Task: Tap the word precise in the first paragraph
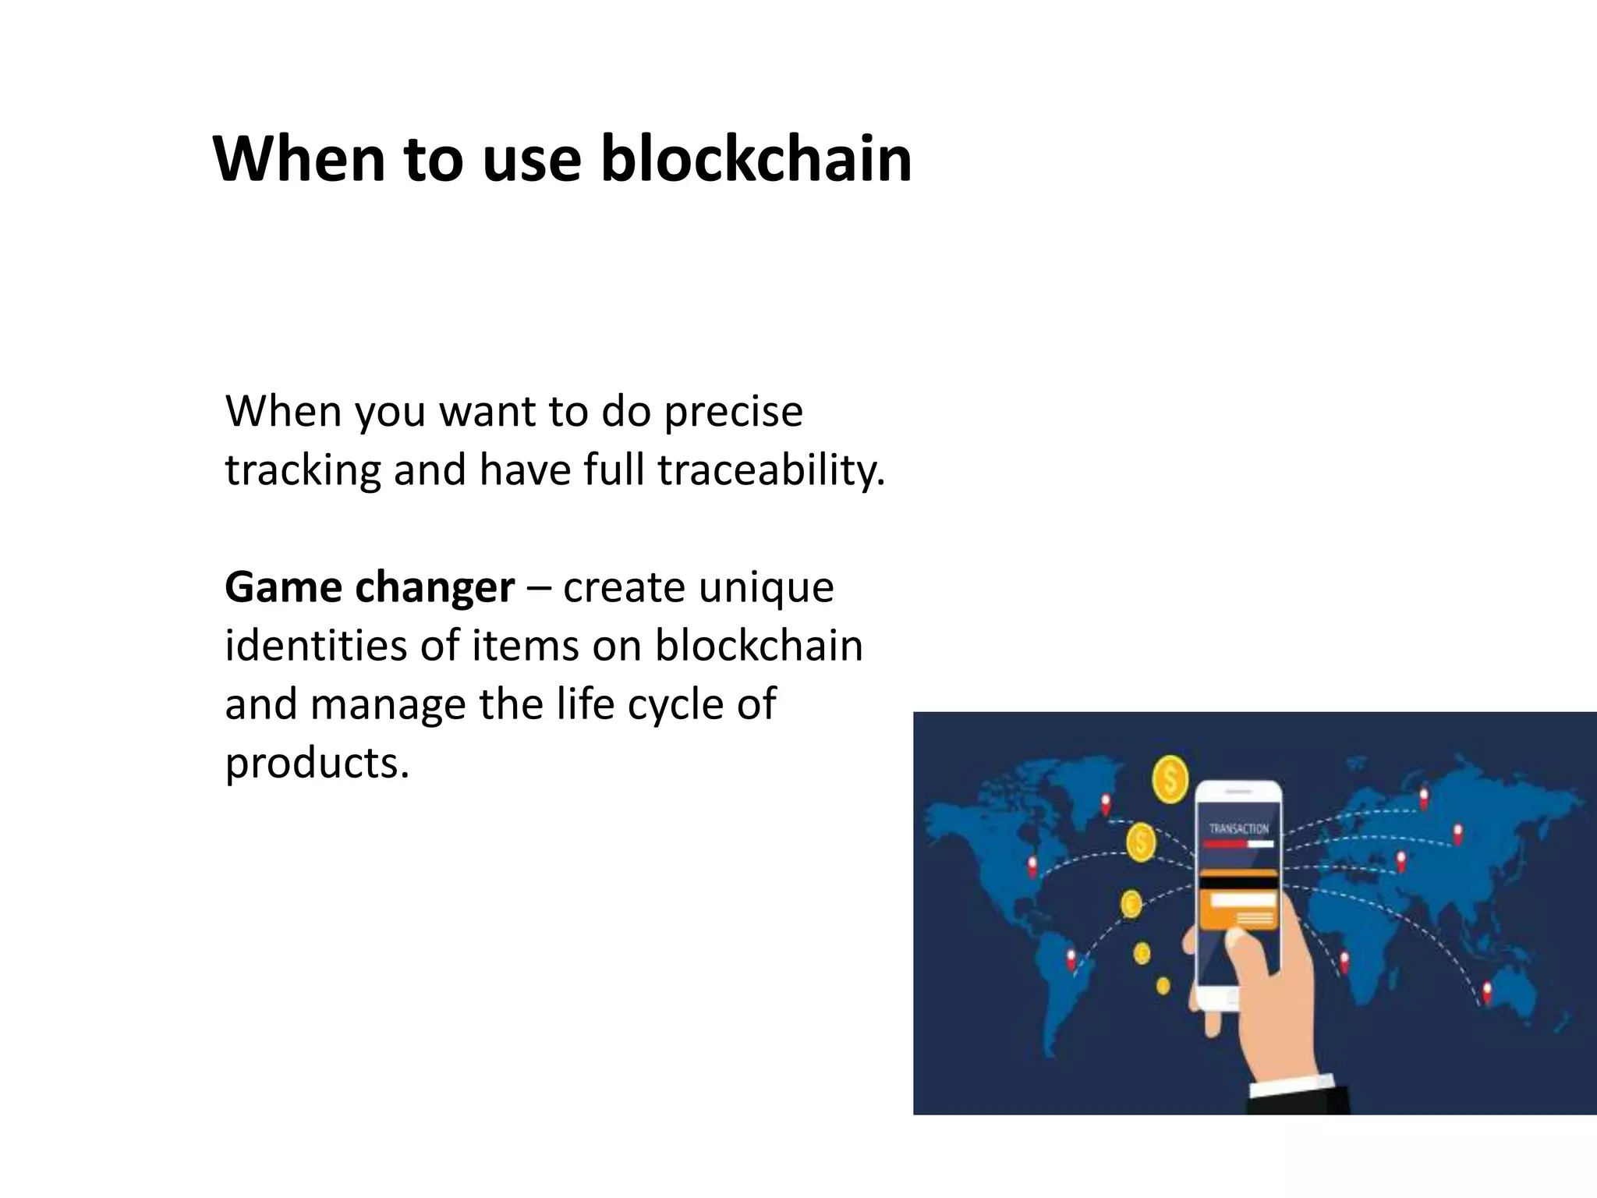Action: pos(732,412)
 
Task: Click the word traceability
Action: pos(771,470)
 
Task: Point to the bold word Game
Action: pos(283,587)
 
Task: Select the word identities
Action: pos(315,646)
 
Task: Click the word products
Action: pos(316,763)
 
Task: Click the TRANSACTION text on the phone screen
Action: pos(1238,828)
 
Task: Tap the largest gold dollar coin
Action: pos(1170,778)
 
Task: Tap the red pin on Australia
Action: pos(1486,992)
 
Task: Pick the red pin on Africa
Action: pos(1344,961)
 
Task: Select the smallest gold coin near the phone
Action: pos(1163,985)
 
